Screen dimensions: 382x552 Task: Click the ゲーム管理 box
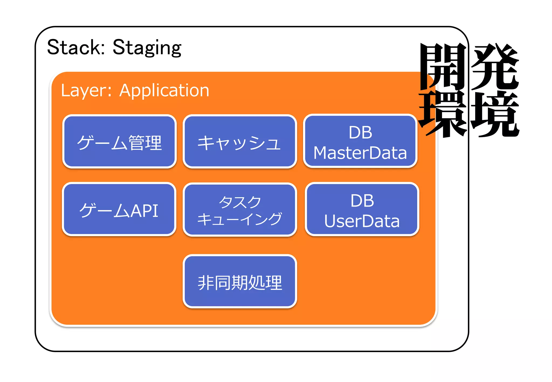click(119, 142)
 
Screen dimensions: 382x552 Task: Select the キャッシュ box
click(240, 142)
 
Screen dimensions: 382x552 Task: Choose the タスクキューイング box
click(240, 210)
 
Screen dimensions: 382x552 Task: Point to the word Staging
click(147, 47)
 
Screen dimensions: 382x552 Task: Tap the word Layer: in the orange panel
click(86, 91)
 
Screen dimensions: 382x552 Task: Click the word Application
click(164, 91)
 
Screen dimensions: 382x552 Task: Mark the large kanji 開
click(443, 67)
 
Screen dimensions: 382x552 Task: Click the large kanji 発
click(495, 67)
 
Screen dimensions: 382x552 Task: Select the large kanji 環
click(443, 114)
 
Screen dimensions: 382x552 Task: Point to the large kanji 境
click(495, 114)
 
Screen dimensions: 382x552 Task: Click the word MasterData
click(360, 153)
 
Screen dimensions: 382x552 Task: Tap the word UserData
click(362, 221)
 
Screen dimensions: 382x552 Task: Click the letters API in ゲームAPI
click(144, 211)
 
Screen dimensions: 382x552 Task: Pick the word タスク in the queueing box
click(240, 202)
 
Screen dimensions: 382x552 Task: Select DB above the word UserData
click(362, 201)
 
